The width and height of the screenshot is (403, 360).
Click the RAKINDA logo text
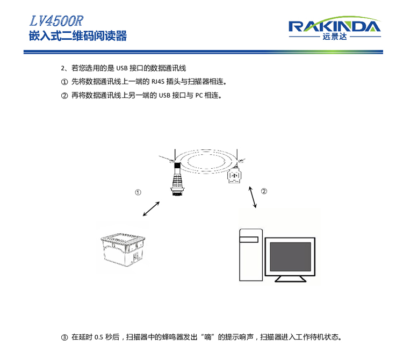tap(334, 26)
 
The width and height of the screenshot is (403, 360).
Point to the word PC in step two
tap(198, 96)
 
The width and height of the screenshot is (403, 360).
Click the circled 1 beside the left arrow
tap(138, 192)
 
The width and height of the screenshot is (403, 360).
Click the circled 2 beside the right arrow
tap(264, 191)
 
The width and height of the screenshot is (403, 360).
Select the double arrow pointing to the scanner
tap(152, 208)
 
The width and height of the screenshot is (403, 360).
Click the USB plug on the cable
tap(235, 176)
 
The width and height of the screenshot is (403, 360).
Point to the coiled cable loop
tap(207, 161)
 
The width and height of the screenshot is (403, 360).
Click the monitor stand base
tap(291, 279)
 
